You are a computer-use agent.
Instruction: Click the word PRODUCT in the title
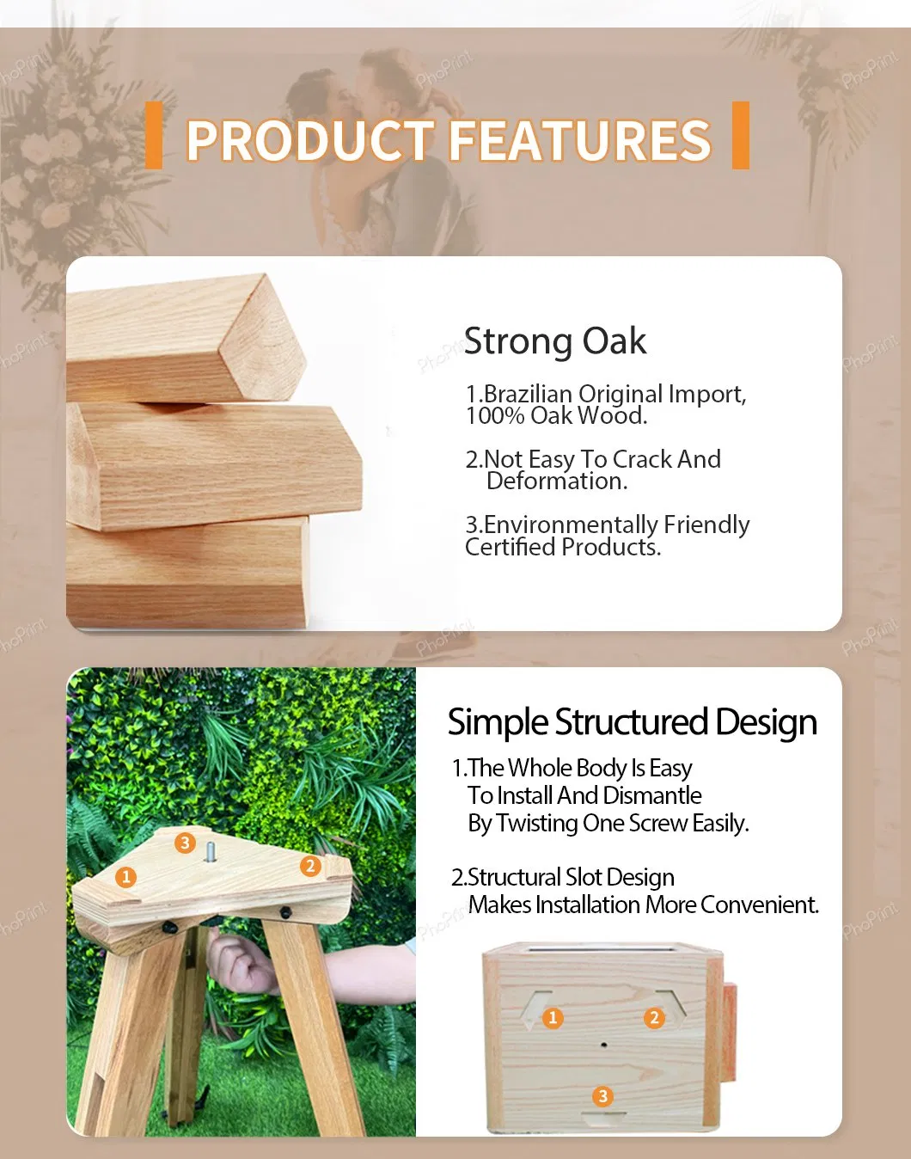tap(310, 140)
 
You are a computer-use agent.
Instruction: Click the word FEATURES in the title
tap(580, 140)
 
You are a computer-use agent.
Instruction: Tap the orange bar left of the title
tap(154, 135)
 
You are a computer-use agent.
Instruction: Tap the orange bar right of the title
tap(741, 135)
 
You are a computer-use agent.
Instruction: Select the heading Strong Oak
tap(555, 341)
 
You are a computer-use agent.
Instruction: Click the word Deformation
tap(557, 481)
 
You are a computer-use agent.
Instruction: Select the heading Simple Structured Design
tap(632, 723)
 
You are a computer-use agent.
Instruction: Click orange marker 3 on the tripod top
tap(185, 843)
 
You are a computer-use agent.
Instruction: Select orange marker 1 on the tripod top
tap(126, 878)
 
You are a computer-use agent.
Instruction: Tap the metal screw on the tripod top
tap(210, 853)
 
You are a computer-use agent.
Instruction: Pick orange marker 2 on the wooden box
tap(654, 1017)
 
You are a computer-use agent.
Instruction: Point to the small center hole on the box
tap(604, 1045)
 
